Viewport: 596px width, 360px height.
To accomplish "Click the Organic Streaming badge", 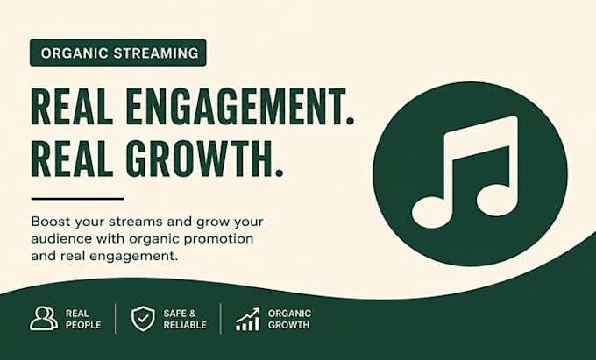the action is [x=117, y=53].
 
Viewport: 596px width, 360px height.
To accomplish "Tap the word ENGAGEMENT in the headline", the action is [x=231, y=107].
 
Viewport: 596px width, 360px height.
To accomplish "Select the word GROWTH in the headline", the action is [x=195, y=159].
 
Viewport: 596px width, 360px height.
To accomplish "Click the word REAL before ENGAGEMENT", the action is [x=72, y=107].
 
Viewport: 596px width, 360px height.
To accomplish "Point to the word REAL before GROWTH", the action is [x=72, y=159].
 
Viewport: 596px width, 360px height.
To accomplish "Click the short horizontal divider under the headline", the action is [x=77, y=199].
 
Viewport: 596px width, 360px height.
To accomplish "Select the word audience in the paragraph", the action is [x=61, y=239].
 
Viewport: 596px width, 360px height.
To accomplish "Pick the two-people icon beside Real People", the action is [x=44, y=318].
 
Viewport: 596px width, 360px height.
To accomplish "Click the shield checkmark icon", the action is [x=143, y=319].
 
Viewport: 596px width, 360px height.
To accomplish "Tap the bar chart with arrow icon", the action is [x=248, y=319].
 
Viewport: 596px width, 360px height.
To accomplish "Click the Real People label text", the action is [x=83, y=320].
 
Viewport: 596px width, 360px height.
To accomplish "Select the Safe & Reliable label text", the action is [x=185, y=320].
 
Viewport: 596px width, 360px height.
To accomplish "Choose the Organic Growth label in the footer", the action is [x=289, y=320].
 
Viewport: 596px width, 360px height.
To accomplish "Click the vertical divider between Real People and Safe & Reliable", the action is [x=116, y=319].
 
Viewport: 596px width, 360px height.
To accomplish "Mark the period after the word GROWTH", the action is [x=279, y=173].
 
